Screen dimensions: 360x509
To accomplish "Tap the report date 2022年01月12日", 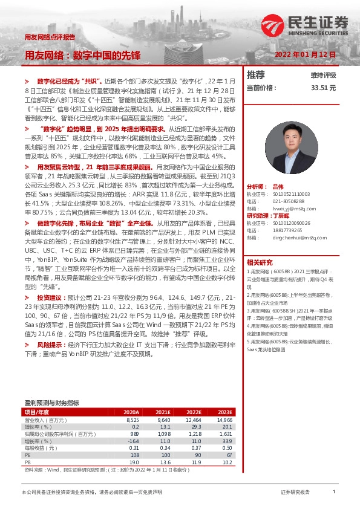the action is point(305,54).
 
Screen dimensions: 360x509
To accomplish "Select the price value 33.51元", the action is point(323,88).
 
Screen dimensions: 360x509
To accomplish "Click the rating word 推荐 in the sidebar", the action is point(256,75).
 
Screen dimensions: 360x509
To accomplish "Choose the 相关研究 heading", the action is point(260,262).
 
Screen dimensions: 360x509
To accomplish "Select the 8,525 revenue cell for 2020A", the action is point(133,419).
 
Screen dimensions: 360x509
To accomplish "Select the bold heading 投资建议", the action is point(49,298).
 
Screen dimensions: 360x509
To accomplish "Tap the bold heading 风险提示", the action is point(49,344).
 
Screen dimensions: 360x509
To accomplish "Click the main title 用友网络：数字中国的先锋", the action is point(82,55).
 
